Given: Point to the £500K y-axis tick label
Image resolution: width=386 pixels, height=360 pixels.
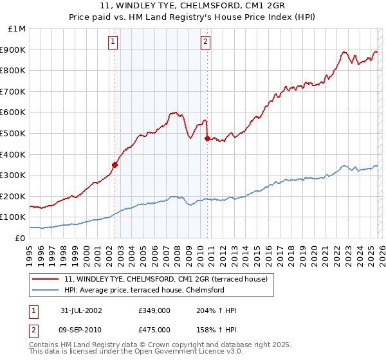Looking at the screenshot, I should pos(15,133).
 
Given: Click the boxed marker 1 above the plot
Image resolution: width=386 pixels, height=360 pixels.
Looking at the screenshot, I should pos(113,42).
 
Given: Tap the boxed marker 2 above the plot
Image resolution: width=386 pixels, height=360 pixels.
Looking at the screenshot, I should pos(205,42).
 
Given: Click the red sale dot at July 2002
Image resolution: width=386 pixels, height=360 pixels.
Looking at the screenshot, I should pos(115,165).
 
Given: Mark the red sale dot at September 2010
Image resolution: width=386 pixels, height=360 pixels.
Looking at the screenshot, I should pos(207,138).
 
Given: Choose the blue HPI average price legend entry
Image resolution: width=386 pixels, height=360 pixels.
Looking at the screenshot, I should pos(143,290).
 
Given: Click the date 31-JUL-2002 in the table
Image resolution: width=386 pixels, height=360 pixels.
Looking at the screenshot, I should pos(80,310).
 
